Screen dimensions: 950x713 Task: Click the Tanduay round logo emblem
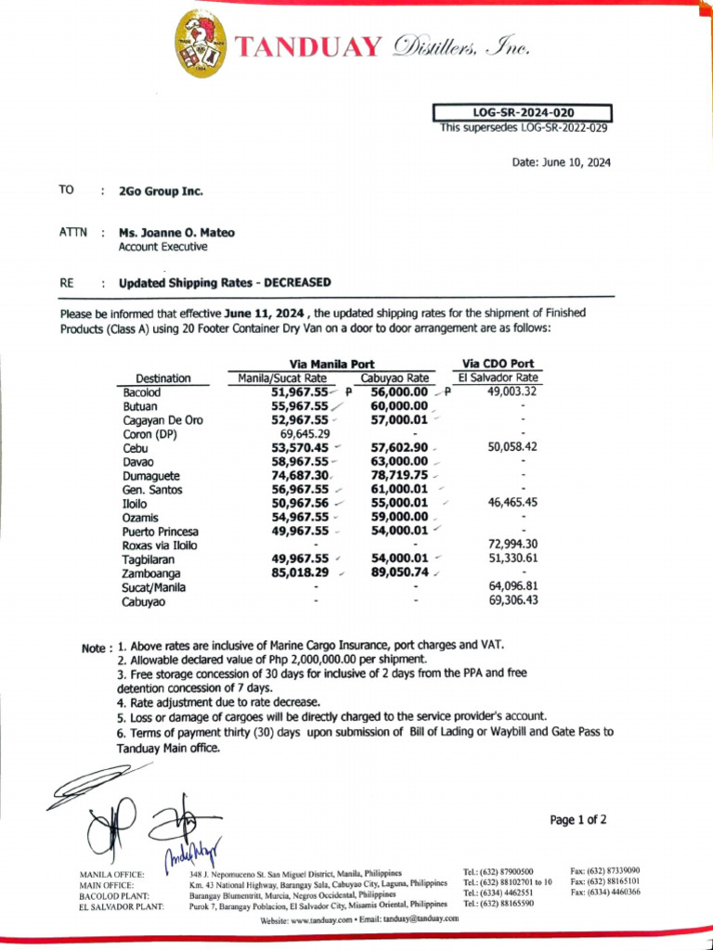pyautogui.click(x=201, y=44)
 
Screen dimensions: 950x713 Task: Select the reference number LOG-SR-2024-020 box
pyautogui.click(x=523, y=113)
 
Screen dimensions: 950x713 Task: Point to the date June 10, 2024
pyautogui.click(x=561, y=162)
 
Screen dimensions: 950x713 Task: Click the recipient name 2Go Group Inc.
pyautogui.click(x=161, y=191)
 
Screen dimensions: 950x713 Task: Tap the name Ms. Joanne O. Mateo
pyautogui.click(x=176, y=233)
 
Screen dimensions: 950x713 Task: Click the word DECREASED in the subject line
pyautogui.click(x=297, y=282)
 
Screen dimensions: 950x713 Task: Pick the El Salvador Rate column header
pyautogui.click(x=498, y=378)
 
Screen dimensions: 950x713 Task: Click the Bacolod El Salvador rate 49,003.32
pyautogui.click(x=512, y=392)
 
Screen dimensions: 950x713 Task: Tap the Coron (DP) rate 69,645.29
pyautogui.click(x=305, y=433)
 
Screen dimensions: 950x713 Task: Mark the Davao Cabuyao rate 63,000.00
pyautogui.click(x=399, y=461)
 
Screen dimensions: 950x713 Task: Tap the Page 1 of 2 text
pyautogui.click(x=578, y=819)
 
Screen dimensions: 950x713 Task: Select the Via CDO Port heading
pyautogui.click(x=498, y=364)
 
